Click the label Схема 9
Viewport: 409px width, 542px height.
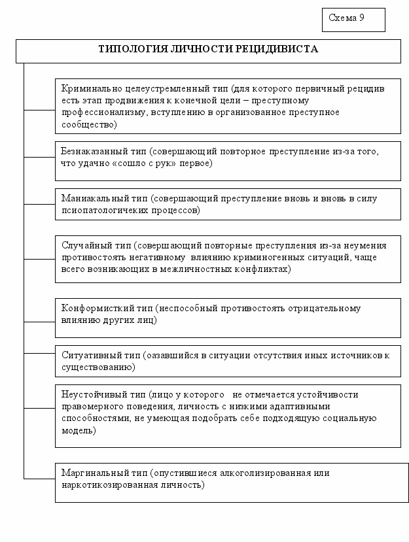pos(346,18)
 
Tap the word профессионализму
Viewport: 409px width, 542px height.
pos(99,112)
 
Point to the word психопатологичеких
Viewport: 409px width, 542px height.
pos(104,211)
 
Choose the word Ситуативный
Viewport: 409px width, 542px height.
pos(91,355)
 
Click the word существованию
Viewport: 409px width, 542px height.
pos(98,367)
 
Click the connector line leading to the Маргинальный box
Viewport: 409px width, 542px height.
pos(39,479)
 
